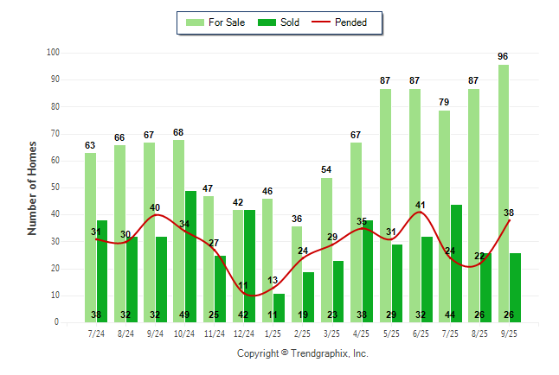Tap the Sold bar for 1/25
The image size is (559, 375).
tap(279, 308)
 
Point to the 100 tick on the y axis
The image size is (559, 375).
tap(54, 53)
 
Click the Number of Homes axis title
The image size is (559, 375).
tap(33, 187)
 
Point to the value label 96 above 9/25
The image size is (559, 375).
tap(503, 56)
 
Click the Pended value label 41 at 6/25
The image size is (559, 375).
tap(421, 206)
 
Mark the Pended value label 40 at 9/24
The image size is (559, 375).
tap(155, 207)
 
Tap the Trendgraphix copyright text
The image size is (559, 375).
tap(303, 353)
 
